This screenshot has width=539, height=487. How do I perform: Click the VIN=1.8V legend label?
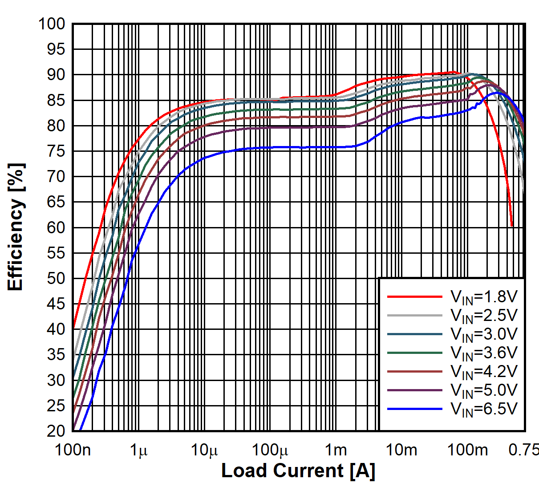coord(484,297)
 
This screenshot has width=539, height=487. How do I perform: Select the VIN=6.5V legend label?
coord(484,409)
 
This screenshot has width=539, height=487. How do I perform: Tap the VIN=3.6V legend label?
coord(484,353)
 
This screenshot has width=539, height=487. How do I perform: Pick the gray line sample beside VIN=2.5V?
coord(414,316)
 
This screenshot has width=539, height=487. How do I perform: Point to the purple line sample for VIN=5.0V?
coord(414,390)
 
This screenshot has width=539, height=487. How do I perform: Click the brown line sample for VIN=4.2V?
coord(414,372)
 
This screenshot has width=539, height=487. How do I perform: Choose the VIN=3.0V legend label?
coord(484,334)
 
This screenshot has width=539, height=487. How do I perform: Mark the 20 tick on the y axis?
coord(56,431)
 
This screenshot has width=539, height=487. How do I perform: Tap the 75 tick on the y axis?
coord(56,151)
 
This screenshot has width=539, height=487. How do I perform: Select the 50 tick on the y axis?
coord(56,279)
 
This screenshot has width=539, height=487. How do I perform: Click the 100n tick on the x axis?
coord(73,450)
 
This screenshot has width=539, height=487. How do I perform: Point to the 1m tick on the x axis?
coord(336,450)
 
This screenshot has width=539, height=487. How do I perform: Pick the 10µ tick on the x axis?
coord(204,450)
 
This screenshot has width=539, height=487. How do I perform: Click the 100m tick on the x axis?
coord(467,450)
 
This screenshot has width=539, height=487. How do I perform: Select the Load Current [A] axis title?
coord(298,471)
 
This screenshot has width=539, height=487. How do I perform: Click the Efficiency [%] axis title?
coord(16,227)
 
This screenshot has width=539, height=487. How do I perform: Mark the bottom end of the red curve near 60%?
coord(512,226)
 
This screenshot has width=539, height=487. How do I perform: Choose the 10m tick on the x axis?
coord(401,450)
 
